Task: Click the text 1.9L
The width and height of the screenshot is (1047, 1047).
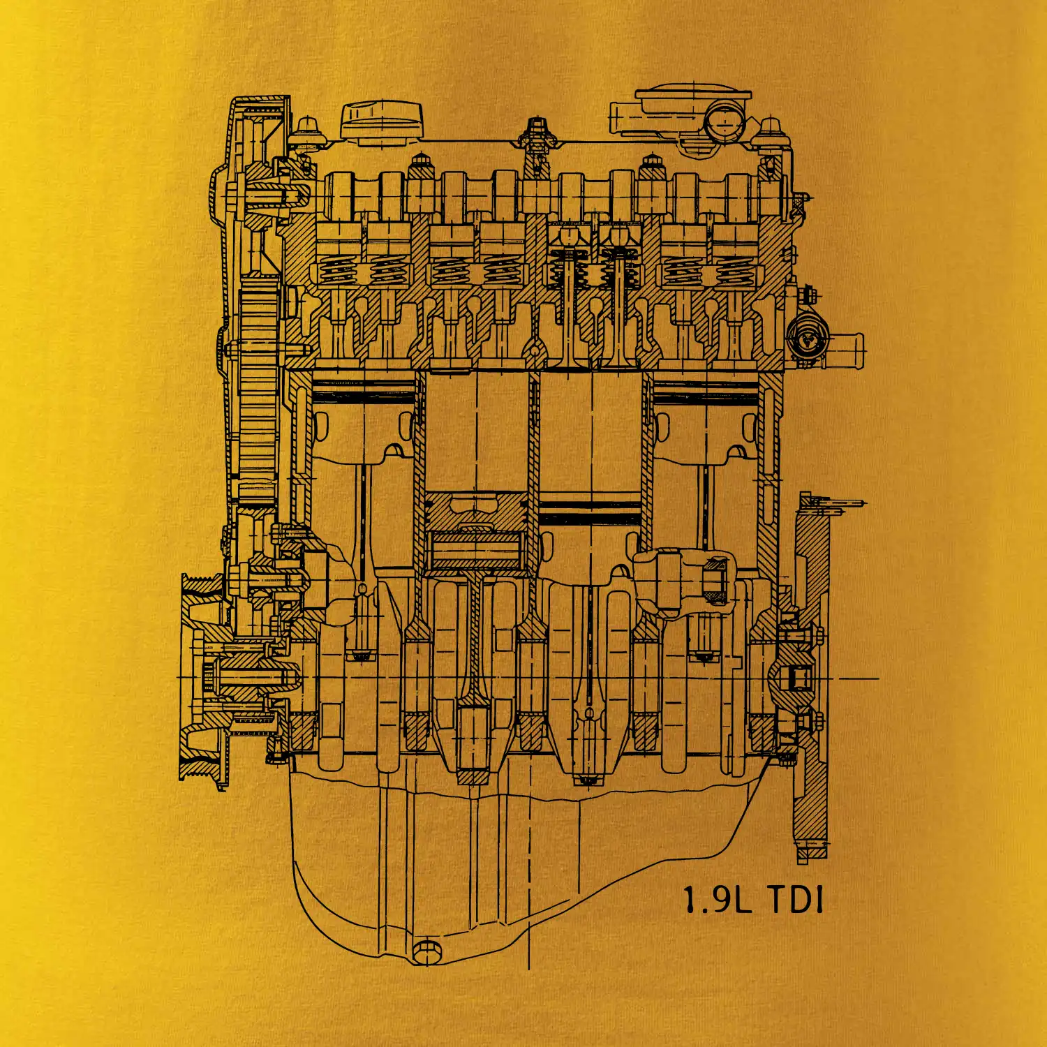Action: coord(717,900)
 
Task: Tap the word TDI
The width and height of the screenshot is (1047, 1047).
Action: coord(795,900)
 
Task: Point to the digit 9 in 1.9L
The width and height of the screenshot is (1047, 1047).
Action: coord(716,900)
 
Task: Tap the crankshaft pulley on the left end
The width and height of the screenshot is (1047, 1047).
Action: coord(202,677)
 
